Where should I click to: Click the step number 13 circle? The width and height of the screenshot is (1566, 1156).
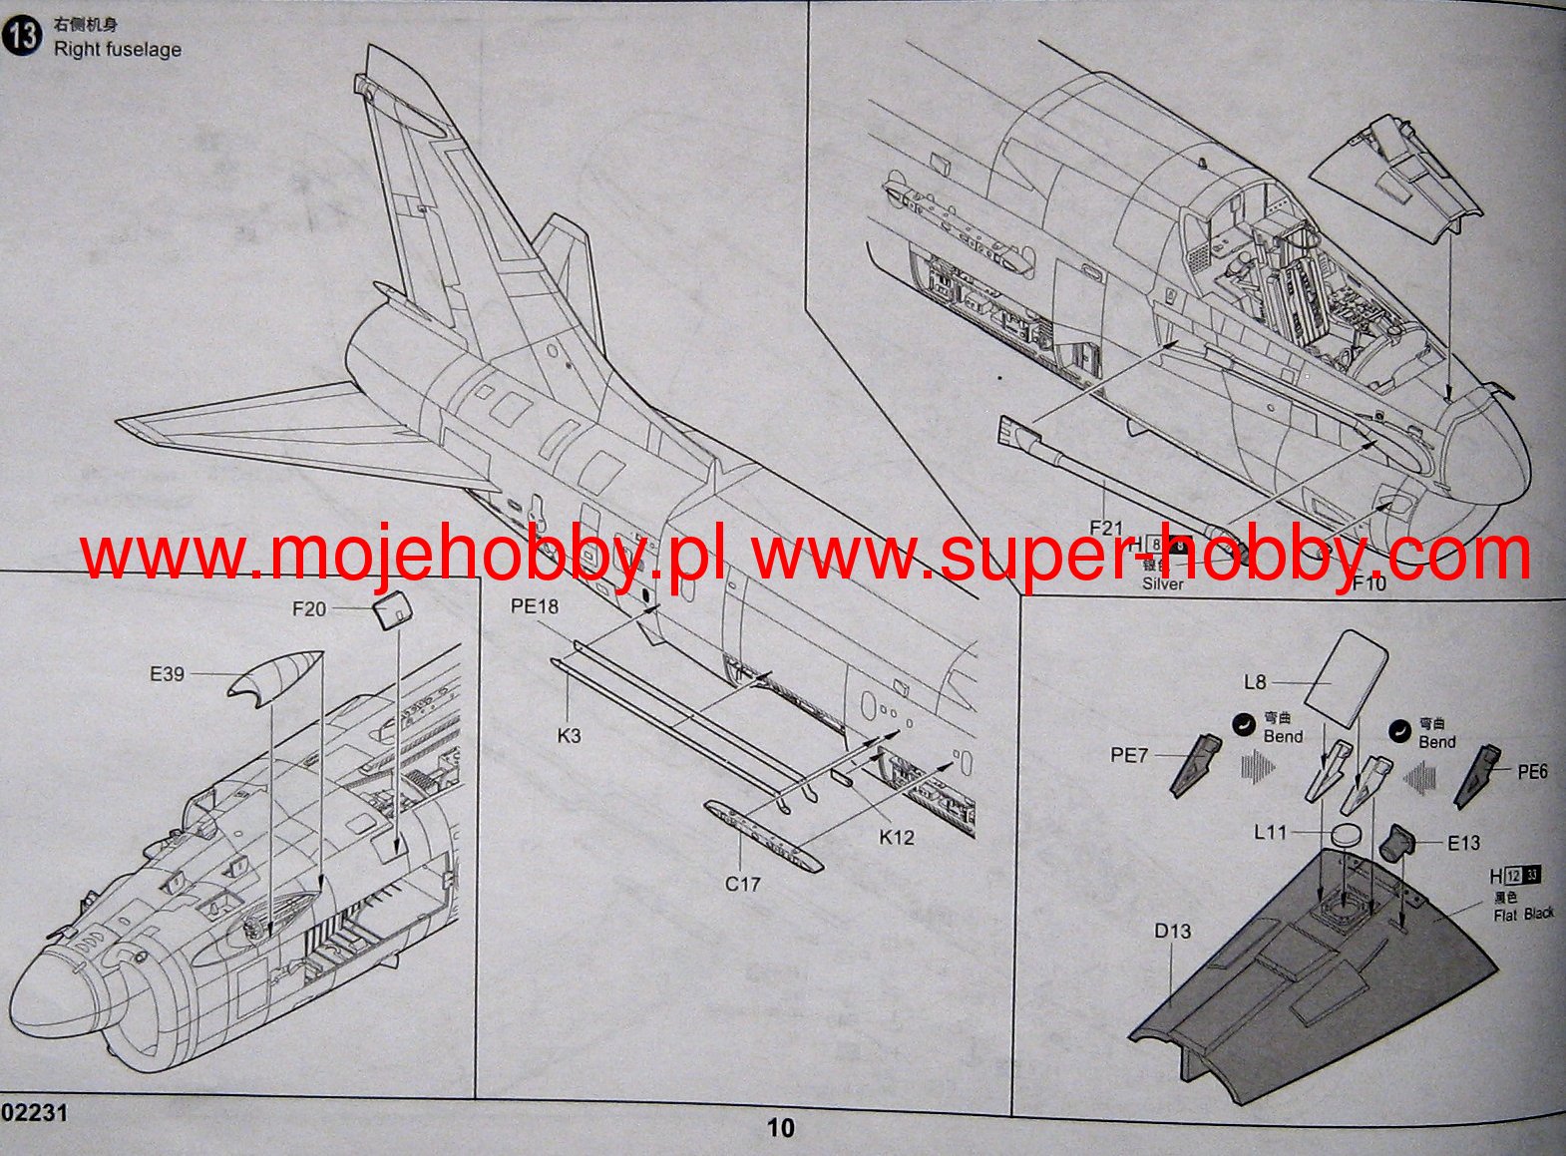(22, 36)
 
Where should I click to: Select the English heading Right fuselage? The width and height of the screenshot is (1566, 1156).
(118, 49)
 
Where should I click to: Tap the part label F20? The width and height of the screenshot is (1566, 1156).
(309, 608)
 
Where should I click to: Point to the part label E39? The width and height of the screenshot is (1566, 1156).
(167, 674)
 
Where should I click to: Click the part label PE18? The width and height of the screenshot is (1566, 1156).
(535, 606)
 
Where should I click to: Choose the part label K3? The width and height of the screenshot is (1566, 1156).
(569, 736)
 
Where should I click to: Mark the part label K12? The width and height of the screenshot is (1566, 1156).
(896, 838)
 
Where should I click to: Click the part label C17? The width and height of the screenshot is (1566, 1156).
(743, 884)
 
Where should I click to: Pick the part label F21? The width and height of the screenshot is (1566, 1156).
(1106, 528)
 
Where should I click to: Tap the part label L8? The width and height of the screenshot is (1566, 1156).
(1255, 682)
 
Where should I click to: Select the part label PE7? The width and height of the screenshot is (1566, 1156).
(1129, 755)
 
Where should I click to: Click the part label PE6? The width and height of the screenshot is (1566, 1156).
(1532, 772)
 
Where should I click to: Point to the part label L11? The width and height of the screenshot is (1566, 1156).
(1271, 832)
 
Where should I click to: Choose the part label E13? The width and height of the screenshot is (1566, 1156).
(1463, 843)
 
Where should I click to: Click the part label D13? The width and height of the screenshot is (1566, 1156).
(1173, 931)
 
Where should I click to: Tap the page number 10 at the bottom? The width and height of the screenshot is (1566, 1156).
(780, 1128)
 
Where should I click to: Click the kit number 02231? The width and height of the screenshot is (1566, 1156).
(35, 1113)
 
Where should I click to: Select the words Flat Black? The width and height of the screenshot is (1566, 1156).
(1523, 914)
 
